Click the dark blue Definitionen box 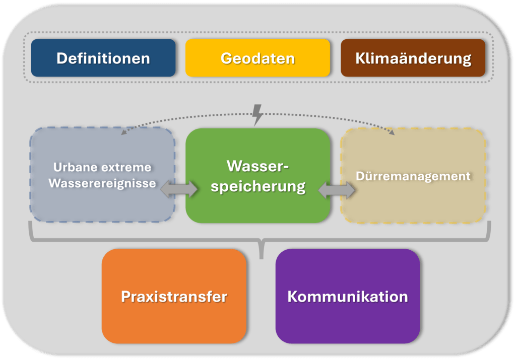[x=103, y=58]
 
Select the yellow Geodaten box [x=257, y=58]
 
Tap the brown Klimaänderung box [x=413, y=58]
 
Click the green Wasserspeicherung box [x=258, y=176]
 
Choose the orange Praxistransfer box [x=174, y=296]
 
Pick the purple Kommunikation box [x=348, y=296]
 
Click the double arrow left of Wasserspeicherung [x=179, y=189]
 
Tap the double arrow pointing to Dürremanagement [x=337, y=190]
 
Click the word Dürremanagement [x=413, y=176]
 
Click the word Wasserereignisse [x=102, y=183]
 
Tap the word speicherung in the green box [x=258, y=187]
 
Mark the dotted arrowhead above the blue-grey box [x=124, y=132]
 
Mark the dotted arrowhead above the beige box [x=392, y=132]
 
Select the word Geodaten [x=257, y=58]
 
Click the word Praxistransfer [x=174, y=297]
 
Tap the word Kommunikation [x=348, y=297]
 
